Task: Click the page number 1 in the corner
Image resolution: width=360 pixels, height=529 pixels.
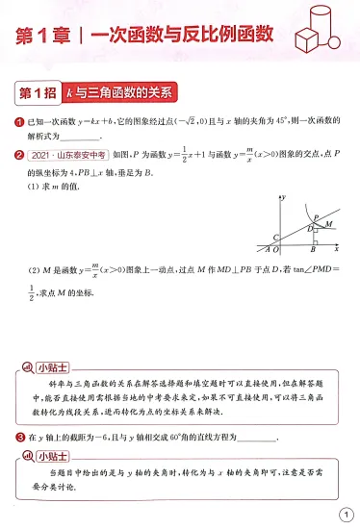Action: click(x=345, y=514)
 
